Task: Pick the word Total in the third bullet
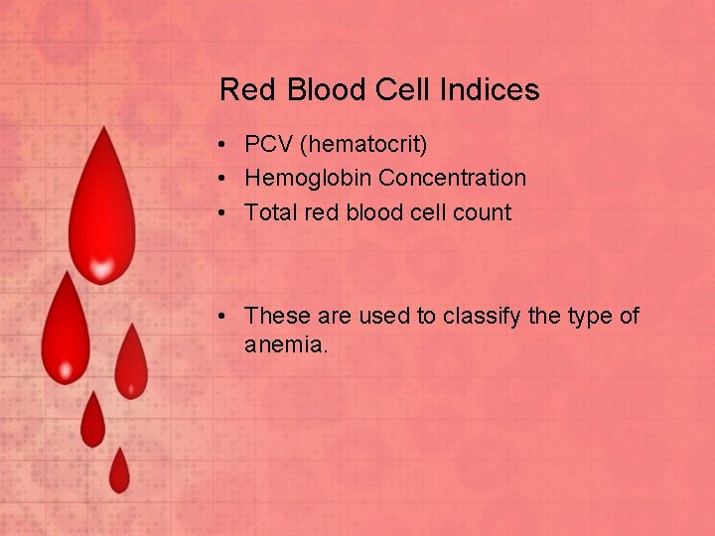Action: coord(267,212)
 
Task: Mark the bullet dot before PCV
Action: coord(226,146)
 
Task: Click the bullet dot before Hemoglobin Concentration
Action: coord(226,180)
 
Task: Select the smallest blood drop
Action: coord(119,473)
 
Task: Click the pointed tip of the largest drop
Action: coord(100,129)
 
